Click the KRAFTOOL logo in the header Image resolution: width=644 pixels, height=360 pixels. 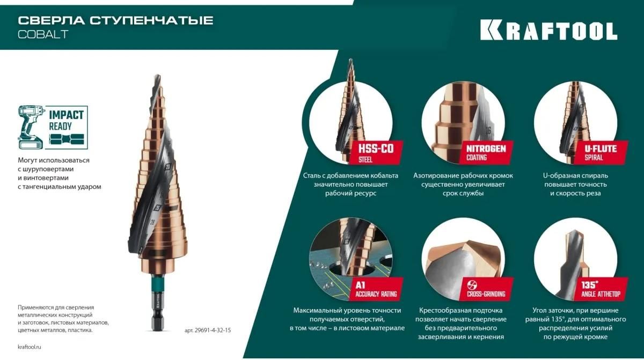(x=548, y=30)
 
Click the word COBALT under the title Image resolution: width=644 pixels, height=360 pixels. (x=43, y=34)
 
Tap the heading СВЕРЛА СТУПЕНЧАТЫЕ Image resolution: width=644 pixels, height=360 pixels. (x=115, y=21)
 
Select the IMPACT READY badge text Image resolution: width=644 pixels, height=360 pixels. (x=66, y=120)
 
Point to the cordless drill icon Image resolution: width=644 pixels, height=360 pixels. (x=30, y=127)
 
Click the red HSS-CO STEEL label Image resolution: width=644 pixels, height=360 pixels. (x=375, y=153)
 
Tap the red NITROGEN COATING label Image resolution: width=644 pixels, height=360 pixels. (x=486, y=152)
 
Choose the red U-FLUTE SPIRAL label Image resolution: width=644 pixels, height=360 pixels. (x=601, y=152)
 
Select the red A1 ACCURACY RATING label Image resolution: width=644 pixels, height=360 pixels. (x=376, y=289)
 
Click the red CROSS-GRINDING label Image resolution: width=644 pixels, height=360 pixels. (x=486, y=289)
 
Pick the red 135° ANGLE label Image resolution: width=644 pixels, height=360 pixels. (x=601, y=289)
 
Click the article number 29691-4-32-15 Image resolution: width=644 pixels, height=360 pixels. (x=208, y=330)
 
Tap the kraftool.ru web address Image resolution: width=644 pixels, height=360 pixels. (x=30, y=347)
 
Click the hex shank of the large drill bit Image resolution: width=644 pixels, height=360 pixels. (x=158, y=313)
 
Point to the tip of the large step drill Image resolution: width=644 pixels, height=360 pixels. (x=157, y=76)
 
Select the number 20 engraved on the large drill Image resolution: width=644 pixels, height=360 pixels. (x=168, y=167)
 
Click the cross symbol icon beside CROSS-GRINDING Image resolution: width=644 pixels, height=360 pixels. (x=472, y=285)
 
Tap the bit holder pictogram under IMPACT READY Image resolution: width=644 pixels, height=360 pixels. (x=67, y=139)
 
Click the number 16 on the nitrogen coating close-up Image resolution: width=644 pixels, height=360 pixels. (x=488, y=131)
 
